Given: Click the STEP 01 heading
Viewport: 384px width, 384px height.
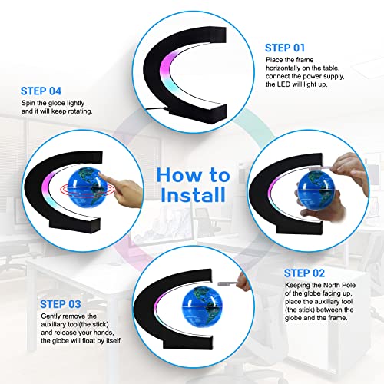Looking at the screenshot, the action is (285, 48).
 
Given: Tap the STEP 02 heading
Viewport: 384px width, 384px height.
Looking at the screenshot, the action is (304, 273).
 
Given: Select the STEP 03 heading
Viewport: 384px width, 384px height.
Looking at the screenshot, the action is (61, 304).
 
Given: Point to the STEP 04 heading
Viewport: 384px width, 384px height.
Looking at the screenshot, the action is (41, 91).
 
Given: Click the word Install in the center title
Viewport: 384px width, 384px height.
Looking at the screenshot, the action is (194, 195).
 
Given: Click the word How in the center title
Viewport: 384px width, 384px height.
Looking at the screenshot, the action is (178, 175).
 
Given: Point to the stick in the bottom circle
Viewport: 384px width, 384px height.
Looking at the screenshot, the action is (227, 283).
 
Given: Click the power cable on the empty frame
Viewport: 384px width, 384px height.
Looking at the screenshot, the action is (157, 110).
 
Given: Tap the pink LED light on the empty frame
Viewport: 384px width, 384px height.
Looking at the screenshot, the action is (167, 64).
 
